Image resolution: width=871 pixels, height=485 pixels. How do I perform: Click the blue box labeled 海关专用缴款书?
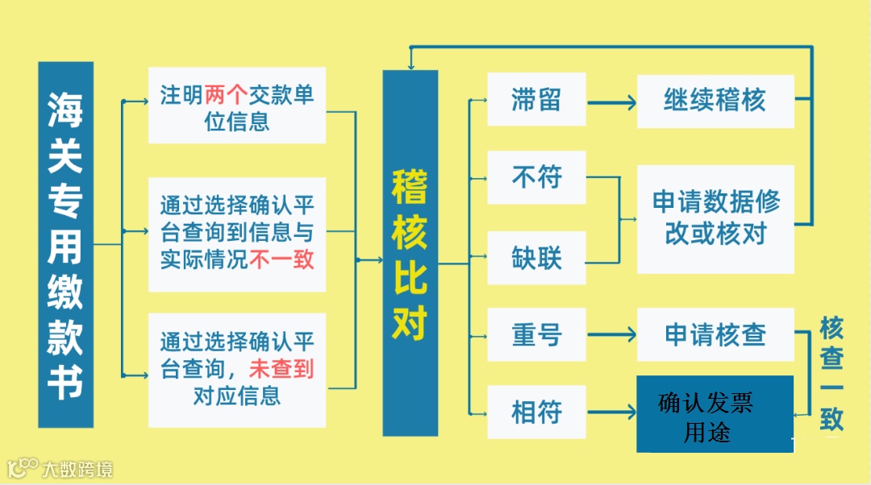(x=65, y=244)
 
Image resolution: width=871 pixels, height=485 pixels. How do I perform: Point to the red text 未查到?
(x=281, y=369)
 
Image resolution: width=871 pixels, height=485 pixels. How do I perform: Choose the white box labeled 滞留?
(x=536, y=100)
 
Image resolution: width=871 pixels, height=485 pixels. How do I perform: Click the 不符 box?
(x=536, y=177)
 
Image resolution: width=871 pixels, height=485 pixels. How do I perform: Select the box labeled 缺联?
(x=536, y=258)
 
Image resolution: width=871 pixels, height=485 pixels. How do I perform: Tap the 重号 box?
(x=536, y=334)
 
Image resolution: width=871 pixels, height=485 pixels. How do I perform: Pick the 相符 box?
(x=536, y=412)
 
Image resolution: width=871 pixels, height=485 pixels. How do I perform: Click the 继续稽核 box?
(x=715, y=101)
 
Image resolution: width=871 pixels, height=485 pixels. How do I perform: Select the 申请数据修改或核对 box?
(x=715, y=218)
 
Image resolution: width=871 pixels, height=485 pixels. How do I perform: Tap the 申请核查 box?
(x=715, y=334)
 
